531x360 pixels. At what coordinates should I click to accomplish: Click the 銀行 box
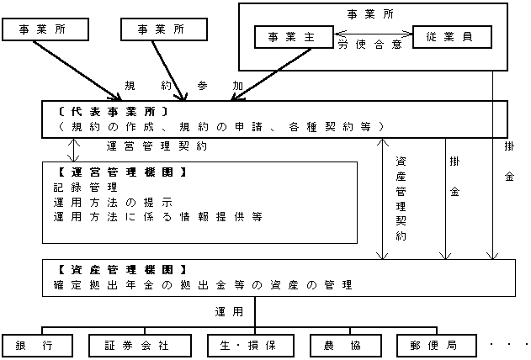35,345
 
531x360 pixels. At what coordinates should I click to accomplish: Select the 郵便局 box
431,345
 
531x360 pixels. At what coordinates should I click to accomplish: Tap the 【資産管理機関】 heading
114,270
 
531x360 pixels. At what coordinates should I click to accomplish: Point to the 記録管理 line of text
83,188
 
